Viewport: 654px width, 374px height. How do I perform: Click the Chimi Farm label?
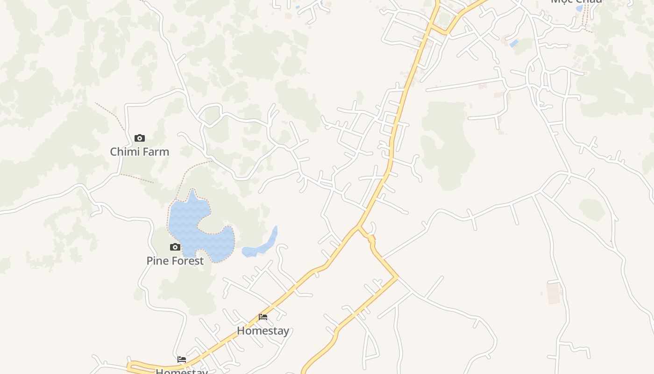tap(139, 152)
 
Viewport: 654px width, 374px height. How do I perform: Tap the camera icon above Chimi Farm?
tap(139, 138)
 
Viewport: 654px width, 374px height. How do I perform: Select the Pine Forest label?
tap(175, 261)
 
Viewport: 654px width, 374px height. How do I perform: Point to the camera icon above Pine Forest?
tap(175, 247)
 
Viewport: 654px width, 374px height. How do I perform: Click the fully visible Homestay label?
tap(263, 331)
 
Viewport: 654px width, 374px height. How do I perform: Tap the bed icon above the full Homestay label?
tap(263, 317)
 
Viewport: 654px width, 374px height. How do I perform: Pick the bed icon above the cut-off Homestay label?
tap(182, 360)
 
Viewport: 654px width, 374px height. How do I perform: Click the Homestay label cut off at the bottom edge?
tap(182, 371)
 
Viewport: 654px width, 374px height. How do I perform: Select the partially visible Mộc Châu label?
tap(576, 1)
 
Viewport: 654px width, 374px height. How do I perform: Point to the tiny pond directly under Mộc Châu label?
tap(579, 8)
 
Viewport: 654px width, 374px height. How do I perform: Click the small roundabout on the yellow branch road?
tap(372, 239)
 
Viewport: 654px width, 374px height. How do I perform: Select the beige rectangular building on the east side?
tap(554, 293)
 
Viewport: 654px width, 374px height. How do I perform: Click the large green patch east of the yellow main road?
tap(446, 145)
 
